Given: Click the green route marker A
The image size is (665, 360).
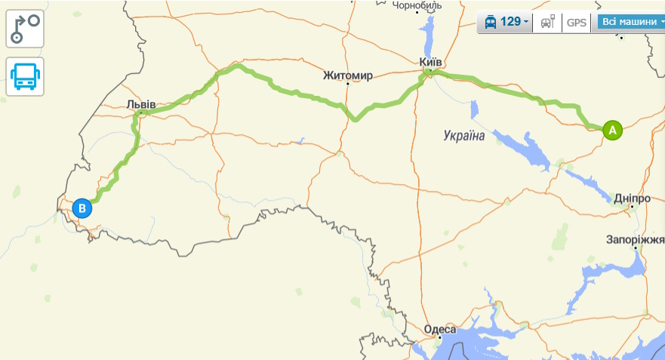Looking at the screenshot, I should pos(612,130).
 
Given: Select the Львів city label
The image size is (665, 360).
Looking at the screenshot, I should pos(141,103).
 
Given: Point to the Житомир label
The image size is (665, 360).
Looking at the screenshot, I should pos(347,75).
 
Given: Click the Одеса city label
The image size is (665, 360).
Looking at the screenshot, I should pos(440,329).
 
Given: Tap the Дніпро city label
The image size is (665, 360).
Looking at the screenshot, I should pos(633,198).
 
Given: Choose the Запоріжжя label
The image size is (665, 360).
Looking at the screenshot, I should pos(635,239).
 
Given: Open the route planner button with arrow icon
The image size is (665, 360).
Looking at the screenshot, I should pos(25,29).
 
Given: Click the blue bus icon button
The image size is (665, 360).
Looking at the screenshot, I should pos(25,76).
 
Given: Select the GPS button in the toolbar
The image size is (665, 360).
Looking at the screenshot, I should pos(577,22).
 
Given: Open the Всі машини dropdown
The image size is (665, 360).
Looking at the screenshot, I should pos(631,22).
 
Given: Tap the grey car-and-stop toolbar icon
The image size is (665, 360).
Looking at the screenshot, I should pos(547,22).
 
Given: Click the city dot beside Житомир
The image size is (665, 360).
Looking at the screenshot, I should pos(348,84).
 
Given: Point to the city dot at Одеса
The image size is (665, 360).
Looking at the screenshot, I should pos(439,338).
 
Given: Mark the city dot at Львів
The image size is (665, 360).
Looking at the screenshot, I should pos(140,112).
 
